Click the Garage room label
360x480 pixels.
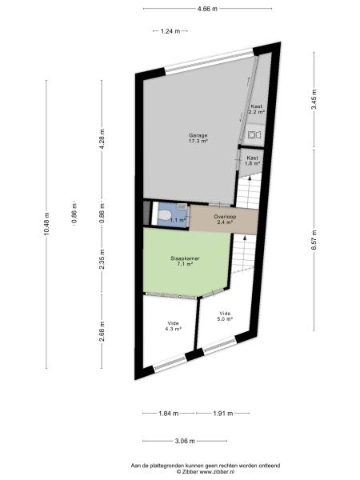[198, 138]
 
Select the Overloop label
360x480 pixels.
[224, 219]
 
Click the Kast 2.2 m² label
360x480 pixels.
[257, 110]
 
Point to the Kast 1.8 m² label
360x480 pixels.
[253, 160]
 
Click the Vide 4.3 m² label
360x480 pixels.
[173, 326]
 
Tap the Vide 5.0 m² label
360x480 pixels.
[225, 315]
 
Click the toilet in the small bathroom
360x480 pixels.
[163, 216]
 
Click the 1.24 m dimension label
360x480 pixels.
[170, 31]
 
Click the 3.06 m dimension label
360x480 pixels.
[186, 441]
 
